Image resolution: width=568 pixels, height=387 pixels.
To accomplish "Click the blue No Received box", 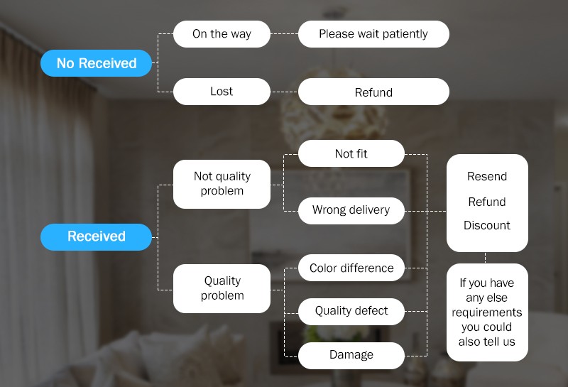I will pyautogui.click(x=97, y=63).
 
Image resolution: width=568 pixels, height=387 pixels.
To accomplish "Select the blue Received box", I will pyautogui.click(x=97, y=236).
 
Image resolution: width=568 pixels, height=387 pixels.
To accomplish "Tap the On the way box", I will pyautogui.click(x=222, y=34).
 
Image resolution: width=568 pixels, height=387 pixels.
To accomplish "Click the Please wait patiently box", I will pyautogui.click(x=373, y=34).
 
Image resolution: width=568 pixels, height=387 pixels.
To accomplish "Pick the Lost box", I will pyautogui.click(x=222, y=92).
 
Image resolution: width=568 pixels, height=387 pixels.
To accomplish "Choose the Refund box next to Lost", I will pyautogui.click(x=373, y=92).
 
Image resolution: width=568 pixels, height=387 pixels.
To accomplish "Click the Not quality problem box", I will pyautogui.click(x=222, y=183).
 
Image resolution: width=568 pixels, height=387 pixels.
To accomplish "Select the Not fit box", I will pyautogui.click(x=351, y=153).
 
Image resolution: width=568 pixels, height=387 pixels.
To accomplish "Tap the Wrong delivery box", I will pyautogui.click(x=351, y=210).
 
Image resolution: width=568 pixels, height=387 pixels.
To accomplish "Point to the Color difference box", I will pyautogui.click(x=351, y=268).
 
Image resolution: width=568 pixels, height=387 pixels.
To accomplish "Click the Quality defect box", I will pyautogui.click(x=351, y=311).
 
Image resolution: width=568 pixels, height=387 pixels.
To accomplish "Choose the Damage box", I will pyautogui.click(x=351, y=355).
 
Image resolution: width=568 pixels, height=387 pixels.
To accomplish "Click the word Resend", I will pyautogui.click(x=487, y=176).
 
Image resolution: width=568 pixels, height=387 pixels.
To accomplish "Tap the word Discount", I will pyautogui.click(x=487, y=225).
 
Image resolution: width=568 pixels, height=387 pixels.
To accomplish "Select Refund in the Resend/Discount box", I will pyautogui.click(x=487, y=202).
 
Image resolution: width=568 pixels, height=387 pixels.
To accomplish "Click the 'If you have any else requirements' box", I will pyautogui.click(x=487, y=312).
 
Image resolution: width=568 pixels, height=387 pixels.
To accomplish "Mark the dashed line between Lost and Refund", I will pyautogui.click(x=284, y=92).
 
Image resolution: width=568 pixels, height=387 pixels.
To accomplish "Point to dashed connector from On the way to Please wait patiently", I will pyautogui.click(x=284, y=34).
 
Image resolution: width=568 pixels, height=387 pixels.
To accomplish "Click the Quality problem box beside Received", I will pyautogui.click(x=222, y=288).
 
